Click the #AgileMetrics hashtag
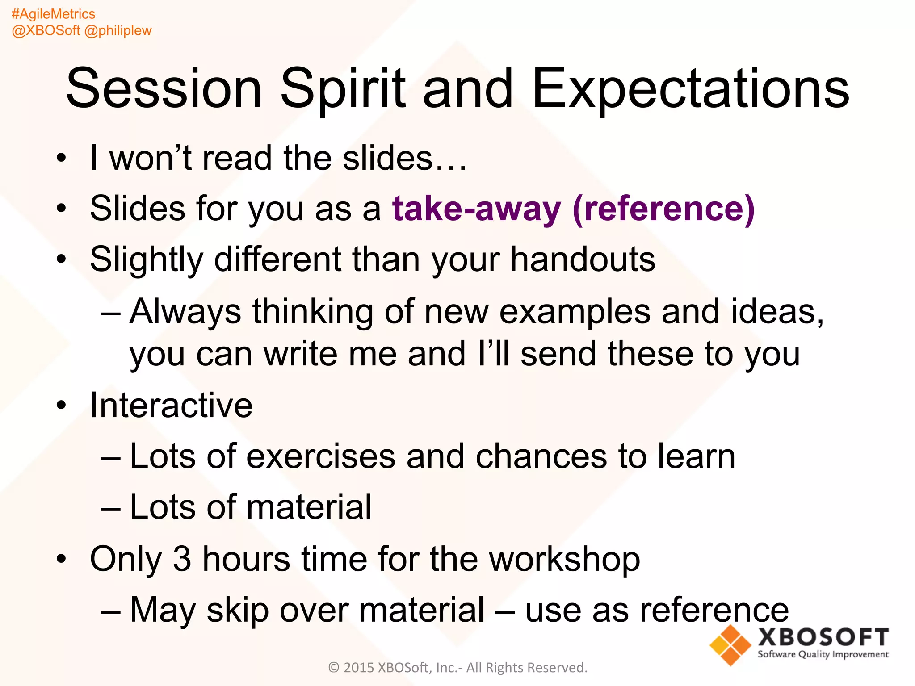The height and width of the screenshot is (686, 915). [x=53, y=14]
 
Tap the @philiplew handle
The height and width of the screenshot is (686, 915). [x=118, y=30]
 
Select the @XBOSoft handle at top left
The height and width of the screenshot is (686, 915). [x=46, y=30]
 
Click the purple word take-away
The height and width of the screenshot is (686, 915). [x=476, y=209]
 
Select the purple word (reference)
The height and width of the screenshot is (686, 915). [x=663, y=209]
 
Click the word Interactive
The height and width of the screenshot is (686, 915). [x=171, y=406]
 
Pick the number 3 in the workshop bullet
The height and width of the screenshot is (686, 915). [x=182, y=559]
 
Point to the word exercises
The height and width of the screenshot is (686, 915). [x=321, y=456]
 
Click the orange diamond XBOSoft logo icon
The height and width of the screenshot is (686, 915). [x=730, y=645]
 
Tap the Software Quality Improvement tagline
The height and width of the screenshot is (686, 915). [x=823, y=654]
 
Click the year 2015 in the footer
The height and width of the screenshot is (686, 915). [x=359, y=668]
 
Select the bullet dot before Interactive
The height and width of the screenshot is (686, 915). [x=61, y=406]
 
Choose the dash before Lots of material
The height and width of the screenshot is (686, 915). [x=110, y=508]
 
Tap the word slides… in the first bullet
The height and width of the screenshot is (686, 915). [x=404, y=158]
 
